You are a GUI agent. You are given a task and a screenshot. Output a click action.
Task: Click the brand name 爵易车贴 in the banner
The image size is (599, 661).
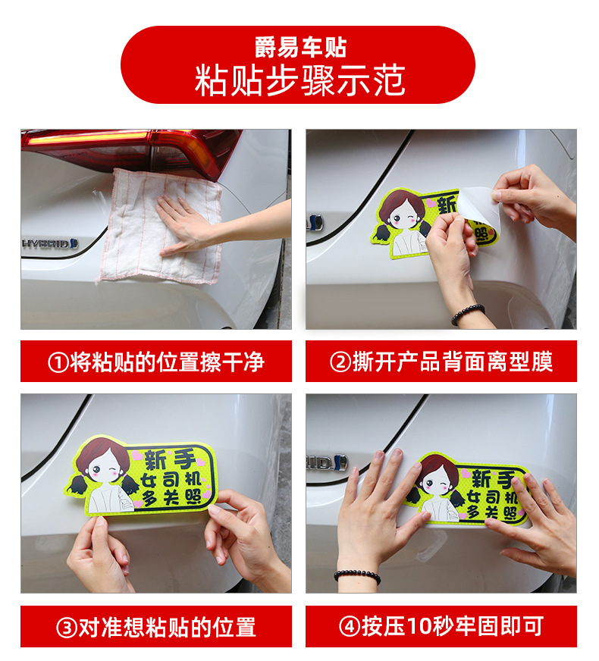[300, 47]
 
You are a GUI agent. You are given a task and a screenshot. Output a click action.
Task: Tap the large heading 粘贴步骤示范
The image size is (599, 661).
[299, 80]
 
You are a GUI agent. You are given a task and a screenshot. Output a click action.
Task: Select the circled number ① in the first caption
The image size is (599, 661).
[58, 362]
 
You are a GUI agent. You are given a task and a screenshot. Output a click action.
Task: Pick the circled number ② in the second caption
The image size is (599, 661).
[340, 362]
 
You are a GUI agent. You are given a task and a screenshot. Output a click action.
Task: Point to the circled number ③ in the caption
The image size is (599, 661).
[67, 628]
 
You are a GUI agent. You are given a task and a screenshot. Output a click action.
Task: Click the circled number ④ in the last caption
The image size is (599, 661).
[350, 626]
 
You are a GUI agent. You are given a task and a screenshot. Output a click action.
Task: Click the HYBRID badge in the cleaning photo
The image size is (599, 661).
[50, 243]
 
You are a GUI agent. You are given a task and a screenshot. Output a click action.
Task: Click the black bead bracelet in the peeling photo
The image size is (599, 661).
[468, 314]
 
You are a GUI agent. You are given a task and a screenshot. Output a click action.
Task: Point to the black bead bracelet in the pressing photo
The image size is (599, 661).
[357, 576]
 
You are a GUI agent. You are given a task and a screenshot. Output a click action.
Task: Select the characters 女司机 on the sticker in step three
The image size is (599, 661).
[171, 480]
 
